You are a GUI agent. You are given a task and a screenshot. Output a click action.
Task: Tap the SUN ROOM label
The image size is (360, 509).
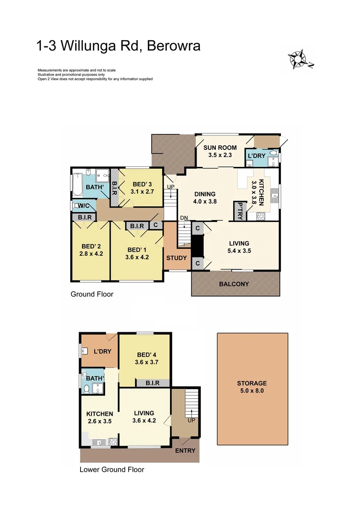pos(220,148)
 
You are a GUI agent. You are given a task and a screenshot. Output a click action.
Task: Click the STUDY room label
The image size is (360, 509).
pos(177,258)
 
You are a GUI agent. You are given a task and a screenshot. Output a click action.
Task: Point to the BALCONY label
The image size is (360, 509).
pos(234,284)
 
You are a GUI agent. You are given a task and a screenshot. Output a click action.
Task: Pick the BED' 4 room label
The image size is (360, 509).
pos(145,354)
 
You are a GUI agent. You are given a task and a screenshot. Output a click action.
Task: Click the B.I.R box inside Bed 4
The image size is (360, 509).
pos(153,383)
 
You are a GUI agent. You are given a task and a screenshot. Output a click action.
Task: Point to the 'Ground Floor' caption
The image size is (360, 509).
pos(92,294)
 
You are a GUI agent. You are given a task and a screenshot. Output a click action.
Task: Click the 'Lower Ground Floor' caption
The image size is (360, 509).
pos(112,469)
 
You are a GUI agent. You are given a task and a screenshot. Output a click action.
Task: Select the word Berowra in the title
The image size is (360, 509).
pos(174,46)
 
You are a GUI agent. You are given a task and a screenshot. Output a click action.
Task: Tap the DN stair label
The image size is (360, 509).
pos(183,217)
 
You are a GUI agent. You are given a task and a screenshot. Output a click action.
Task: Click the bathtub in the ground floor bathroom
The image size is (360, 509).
pos(77,185)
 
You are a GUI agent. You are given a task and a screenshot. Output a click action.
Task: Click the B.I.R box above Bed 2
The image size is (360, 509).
pos(84,217)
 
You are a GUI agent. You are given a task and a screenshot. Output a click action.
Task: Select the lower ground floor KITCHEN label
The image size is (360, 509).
pos(99,414)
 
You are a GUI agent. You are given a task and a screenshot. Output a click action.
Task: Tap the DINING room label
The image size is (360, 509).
pos(205,194)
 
